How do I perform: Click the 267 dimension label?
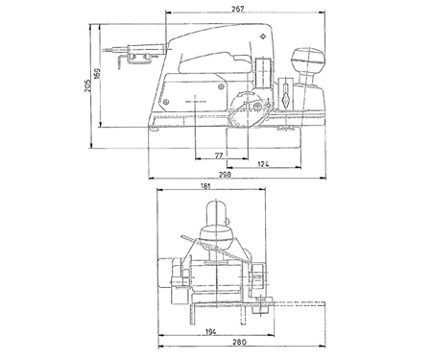(x=238, y=9)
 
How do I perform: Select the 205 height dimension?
(x=87, y=85)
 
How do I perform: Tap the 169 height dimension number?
(x=97, y=74)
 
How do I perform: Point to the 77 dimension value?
(x=218, y=156)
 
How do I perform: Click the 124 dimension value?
(x=263, y=164)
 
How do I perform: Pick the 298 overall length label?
(x=225, y=175)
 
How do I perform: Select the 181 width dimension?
(x=205, y=186)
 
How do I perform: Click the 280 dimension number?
(x=239, y=342)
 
